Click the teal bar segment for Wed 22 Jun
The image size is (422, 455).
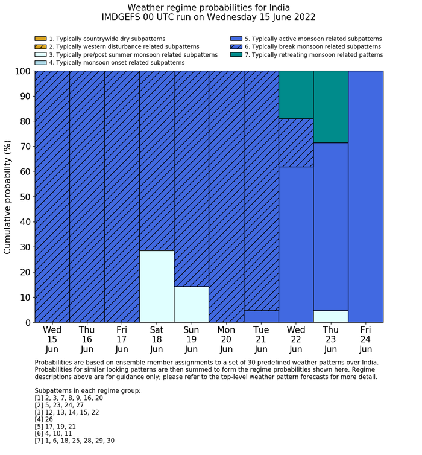point(296,95)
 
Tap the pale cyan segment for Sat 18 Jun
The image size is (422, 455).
point(157,286)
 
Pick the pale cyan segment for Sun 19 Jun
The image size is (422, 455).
point(192,304)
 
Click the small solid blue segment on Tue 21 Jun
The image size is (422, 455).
point(261,316)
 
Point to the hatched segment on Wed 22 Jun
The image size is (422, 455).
point(296,142)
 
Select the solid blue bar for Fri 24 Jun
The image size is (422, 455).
point(366,196)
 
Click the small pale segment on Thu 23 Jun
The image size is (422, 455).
point(331,316)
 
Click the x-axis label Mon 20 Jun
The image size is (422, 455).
point(226,339)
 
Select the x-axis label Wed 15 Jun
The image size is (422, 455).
point(52,339)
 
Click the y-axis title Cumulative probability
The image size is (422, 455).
point(8,197)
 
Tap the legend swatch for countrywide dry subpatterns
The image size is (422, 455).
point(40,39)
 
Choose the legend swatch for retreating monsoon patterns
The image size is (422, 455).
point(236,54)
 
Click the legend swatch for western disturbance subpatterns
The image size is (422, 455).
point(40,46)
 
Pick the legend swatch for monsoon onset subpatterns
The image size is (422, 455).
point(40,62)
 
